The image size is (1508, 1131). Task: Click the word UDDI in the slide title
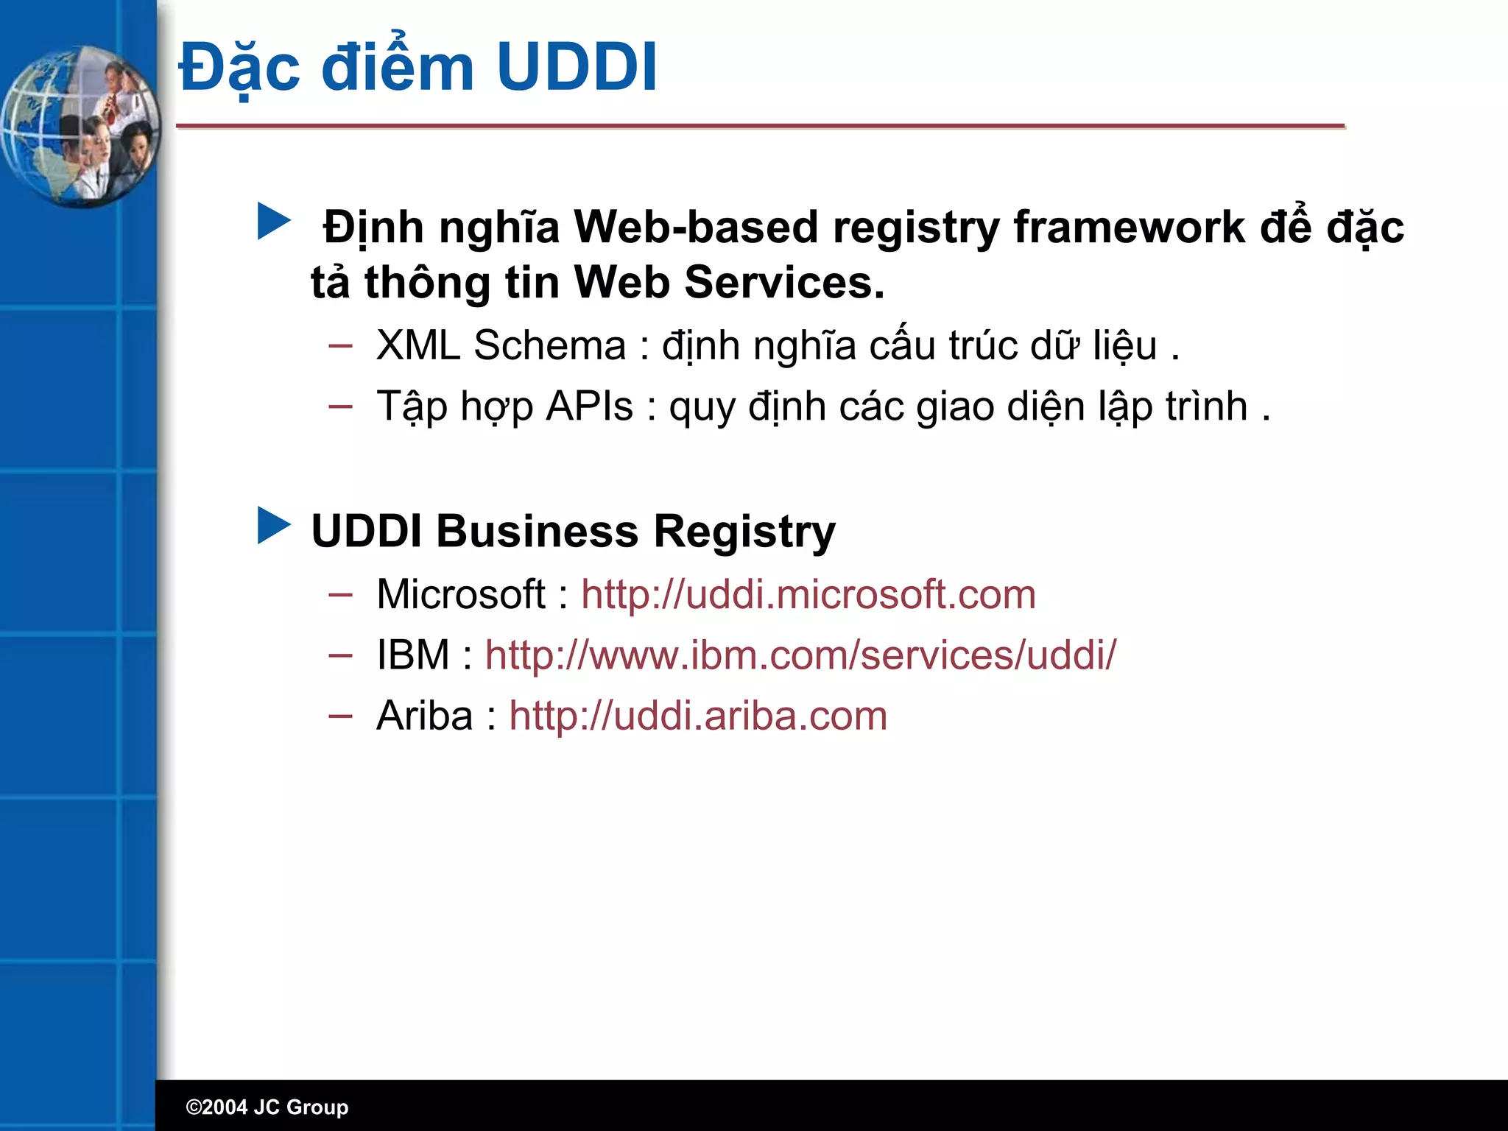[577, 68]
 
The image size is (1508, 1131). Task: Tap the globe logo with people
[80, 126]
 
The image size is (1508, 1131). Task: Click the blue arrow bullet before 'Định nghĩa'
[274, 222]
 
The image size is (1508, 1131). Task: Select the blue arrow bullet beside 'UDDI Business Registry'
[274, 526]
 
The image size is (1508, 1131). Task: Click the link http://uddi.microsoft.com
[808, 594]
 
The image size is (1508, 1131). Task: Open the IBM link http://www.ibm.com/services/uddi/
[800, 655]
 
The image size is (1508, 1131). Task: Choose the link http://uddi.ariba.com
[697, 716]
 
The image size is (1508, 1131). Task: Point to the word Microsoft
[460, 594]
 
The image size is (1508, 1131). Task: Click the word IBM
[412, 655]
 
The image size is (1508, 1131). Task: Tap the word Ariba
[424, 716]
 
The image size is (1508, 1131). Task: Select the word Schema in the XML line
[549, 345]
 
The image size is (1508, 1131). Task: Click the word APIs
[589, 406]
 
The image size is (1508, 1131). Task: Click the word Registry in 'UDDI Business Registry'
[744, 532]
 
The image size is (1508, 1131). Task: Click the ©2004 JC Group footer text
[267, 1107]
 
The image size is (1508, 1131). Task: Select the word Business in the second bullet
[537, 532]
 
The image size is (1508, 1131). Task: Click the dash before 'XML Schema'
[340, 345]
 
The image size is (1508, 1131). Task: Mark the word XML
[417, 345]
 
